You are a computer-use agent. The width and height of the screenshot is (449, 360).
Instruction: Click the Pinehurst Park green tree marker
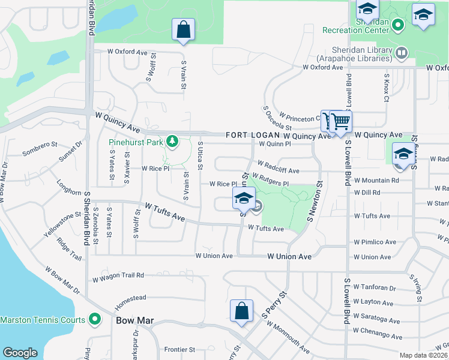point(173,142)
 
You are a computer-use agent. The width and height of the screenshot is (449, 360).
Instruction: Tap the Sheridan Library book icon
point(402,54)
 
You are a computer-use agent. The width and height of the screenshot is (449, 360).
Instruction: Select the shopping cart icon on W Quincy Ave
point(340,122)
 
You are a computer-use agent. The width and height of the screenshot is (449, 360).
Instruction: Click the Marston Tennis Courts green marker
point(94,319)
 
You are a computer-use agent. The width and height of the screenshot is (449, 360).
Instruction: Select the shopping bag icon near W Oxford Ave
point(183,29)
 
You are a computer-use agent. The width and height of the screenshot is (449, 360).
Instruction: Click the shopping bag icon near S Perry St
point(241,311)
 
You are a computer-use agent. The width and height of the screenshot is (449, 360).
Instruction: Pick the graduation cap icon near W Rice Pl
point(244,198)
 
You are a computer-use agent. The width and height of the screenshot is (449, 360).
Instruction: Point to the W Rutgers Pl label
point(270,184)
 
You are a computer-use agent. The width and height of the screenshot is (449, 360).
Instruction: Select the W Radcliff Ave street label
point(278,167)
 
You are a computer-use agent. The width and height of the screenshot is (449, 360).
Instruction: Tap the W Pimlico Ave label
point(375,242)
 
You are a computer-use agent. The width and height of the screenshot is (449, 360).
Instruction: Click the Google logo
point(20,353)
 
